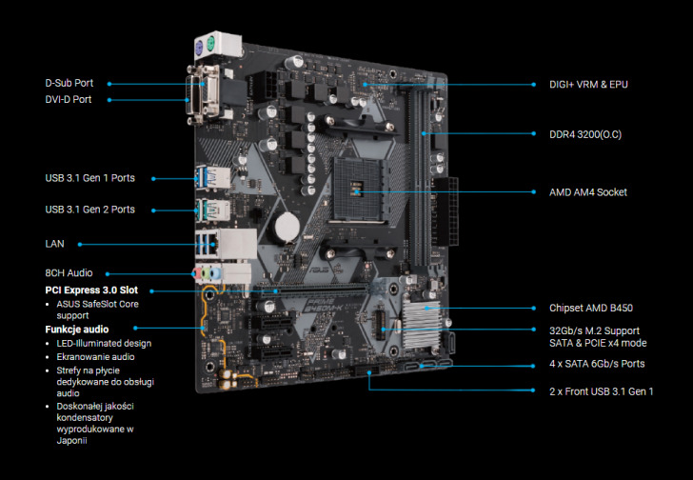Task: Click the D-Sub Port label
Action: pos(69,83)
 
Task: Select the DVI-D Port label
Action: pos(69,99)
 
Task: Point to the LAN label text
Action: pos(55,243)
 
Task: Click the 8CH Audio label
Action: pos(69,273)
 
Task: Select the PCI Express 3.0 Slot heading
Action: pos(91,290)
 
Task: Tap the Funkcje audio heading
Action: pos(77,328)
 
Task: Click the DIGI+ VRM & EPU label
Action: pos(588,84)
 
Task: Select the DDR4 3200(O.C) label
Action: pos(585,134)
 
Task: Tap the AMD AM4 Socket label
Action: pos(588,192)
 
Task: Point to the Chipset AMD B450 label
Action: pos(591,308)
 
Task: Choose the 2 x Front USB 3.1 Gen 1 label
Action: pos(602,391)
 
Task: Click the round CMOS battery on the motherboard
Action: pos(287,226)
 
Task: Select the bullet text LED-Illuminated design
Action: pos(104,343)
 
